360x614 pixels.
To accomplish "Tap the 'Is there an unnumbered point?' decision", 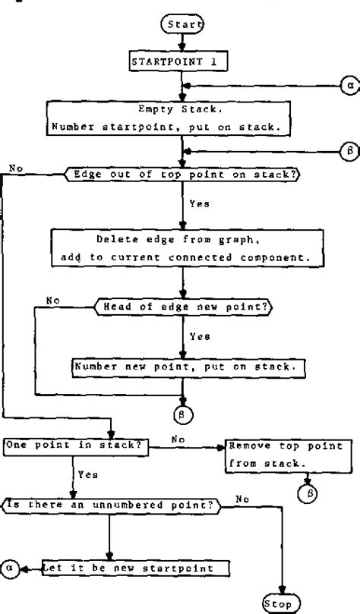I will point(111,502).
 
